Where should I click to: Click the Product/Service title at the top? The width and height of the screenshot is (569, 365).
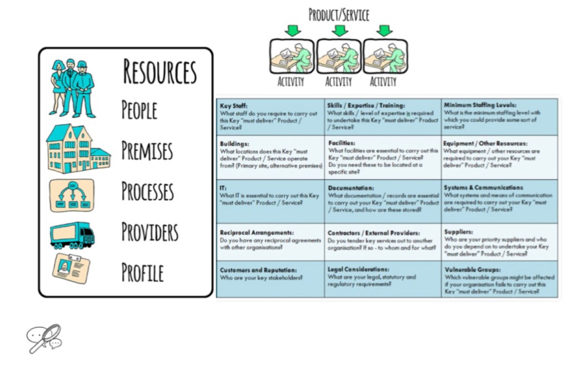coord(338,14)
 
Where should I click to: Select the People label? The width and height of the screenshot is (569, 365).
coord(139,110)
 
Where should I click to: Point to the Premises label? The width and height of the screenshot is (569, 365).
coord(147,150)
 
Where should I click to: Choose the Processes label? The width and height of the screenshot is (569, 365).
coord(148,191)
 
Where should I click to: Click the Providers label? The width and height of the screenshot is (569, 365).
coord(150,231)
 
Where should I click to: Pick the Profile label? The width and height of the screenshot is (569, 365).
coord(143,272)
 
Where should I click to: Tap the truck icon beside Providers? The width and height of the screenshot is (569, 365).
coord(72,235)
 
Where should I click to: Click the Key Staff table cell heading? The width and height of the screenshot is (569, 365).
coord(234,105)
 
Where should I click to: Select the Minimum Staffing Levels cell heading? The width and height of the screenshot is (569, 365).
coord(480,105)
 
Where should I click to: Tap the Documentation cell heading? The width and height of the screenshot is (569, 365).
coord(351,188)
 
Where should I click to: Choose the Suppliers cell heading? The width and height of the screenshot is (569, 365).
coord(458,232)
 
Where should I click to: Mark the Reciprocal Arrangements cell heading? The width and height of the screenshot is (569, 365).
coord(257,233)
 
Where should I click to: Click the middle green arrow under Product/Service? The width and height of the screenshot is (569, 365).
coord(339,31)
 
